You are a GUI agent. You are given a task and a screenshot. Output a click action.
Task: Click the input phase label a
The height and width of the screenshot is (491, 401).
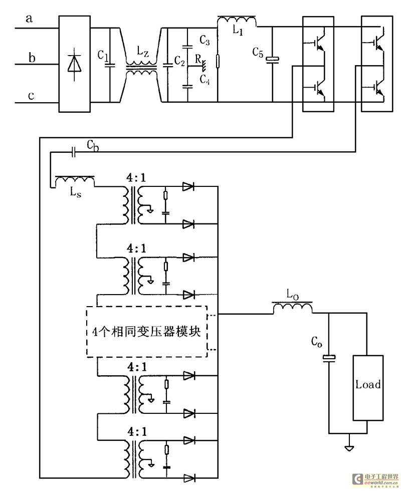click(29, 19)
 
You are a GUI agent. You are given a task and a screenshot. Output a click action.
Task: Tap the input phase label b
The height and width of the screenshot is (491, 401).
click(32, 58)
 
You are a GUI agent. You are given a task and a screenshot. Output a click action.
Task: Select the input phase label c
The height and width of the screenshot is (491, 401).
click(31, 96)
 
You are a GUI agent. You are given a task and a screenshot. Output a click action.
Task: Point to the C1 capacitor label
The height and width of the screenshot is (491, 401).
click(103, 56)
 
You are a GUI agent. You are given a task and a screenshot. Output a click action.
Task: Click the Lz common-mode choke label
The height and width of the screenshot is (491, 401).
click(143, 52)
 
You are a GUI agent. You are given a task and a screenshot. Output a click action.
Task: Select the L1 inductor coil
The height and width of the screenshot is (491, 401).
click(237, 21)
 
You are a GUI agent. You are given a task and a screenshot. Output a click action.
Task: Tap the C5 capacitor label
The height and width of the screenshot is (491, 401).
click(258, 52)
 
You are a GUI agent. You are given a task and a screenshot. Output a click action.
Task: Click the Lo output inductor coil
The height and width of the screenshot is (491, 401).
click(292, 308)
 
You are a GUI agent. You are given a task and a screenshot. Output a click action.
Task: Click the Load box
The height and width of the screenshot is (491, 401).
click(368, 388)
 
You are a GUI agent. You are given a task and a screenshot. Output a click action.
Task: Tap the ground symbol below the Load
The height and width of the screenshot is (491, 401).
click(349, 448)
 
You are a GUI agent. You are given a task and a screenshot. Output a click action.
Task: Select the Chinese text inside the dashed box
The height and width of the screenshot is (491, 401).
click(146, 331)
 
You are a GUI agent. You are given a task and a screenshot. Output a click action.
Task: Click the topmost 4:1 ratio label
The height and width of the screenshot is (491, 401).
click(136, 178)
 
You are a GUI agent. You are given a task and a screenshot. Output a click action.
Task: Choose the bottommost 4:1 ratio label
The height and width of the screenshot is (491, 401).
click(137, 432)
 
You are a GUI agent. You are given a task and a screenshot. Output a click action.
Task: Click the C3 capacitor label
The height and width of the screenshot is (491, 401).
click(205, 40)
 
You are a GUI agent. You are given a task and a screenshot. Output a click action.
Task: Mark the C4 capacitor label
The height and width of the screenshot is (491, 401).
click(205, 79)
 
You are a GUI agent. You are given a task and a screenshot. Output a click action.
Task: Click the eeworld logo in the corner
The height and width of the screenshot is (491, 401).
click(375, 479)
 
